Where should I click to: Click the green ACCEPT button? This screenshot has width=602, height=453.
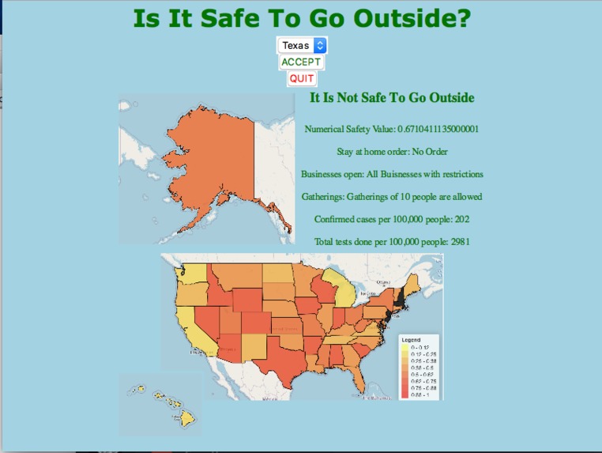pos(301,62)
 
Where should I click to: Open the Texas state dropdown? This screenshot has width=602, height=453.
pos(301,46)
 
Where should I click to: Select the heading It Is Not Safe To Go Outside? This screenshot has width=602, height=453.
pos(392,98)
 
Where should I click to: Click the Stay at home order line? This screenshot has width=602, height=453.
pos(392,152)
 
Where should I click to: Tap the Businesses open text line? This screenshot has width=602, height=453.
pos(392,174)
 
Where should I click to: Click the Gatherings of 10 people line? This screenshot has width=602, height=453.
pos(392,197)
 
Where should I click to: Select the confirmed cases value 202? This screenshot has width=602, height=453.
pos(462,219)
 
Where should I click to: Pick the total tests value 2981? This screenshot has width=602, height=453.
pos(460,242)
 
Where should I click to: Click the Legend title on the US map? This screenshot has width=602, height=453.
pos(412,339)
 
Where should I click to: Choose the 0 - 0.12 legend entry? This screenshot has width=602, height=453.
pos(418,347)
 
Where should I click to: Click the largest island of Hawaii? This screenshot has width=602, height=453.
pos(186,418)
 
